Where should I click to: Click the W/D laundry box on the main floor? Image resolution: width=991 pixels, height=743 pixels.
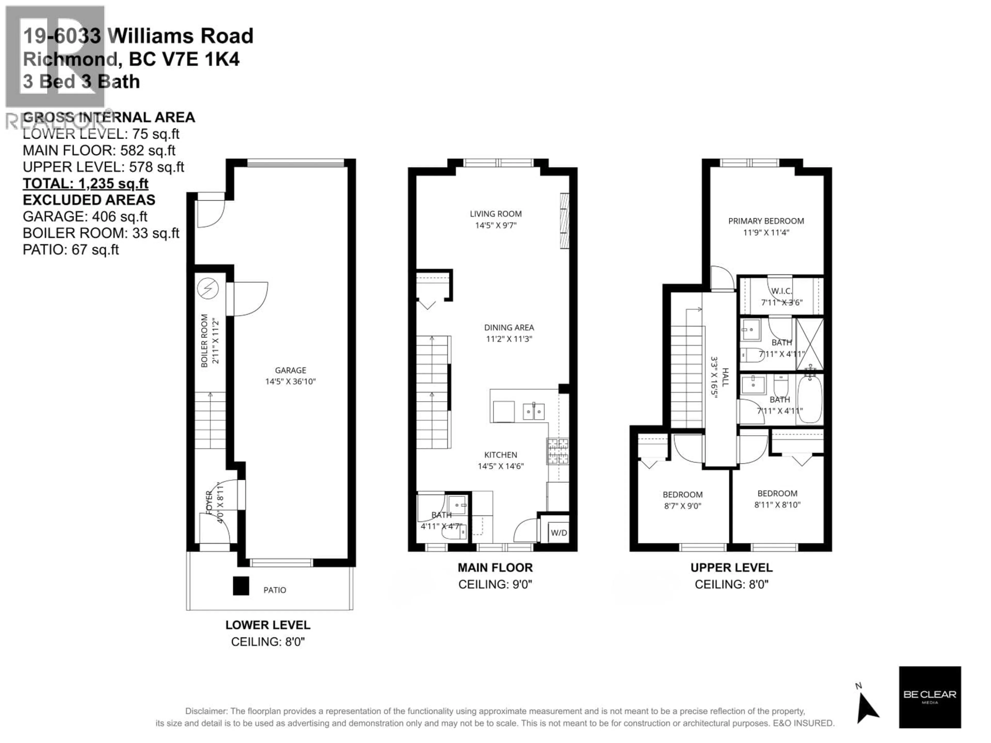click(x=558, y=532)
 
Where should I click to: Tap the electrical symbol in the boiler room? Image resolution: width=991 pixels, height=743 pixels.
click(x=208, y=288)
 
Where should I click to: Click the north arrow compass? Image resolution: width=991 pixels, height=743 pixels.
click(x=867, y=708)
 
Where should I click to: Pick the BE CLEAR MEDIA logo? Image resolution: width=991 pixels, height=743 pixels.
click(x=930, y=696)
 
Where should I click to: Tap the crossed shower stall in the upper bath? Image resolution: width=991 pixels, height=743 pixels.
click(x=809, y=344)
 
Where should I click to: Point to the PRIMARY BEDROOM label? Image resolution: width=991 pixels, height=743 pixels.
click(x=766, y=221)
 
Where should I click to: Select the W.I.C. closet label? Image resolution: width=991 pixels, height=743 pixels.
click(x=781, y=291)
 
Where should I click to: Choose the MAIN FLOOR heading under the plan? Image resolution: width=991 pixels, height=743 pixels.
click(x=495, y=567)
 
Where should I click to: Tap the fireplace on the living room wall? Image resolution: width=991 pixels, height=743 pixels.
click(x=564, y=221)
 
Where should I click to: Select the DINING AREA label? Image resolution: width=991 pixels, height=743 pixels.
click(x=509, y=327)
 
